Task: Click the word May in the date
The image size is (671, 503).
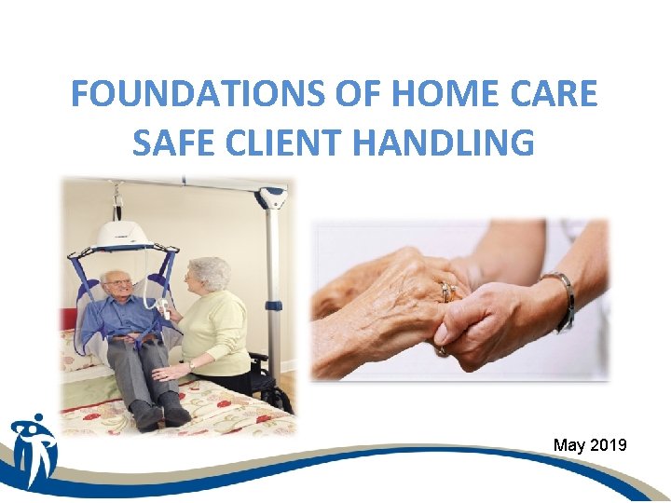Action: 570,445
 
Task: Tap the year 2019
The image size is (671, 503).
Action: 609,445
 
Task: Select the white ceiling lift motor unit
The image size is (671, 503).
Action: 124,233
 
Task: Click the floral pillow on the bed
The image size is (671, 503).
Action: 75,349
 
